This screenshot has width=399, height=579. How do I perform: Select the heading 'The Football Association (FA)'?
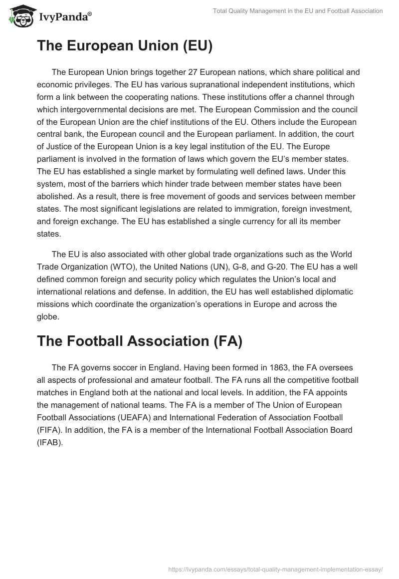click(x=139, y=341)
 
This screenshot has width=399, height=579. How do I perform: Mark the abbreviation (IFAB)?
click(x=50, y=442)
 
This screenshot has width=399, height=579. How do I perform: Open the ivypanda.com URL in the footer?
click(x=275, y=569)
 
